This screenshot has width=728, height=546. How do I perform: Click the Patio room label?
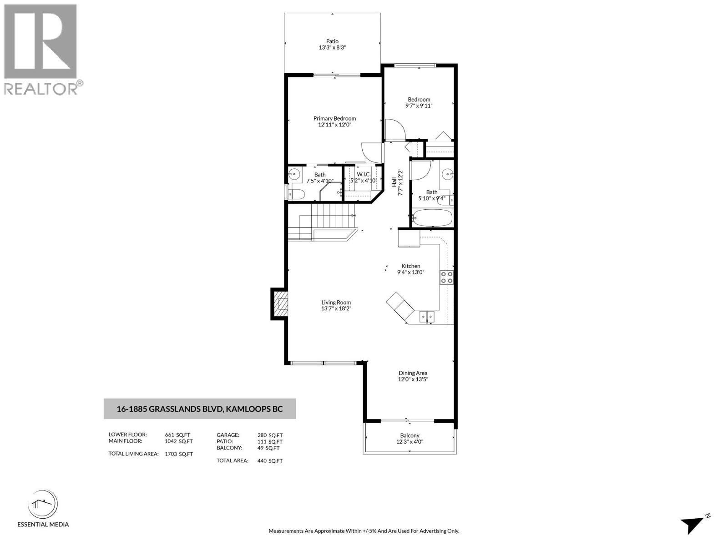pos(332,41)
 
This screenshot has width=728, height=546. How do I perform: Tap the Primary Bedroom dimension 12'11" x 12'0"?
pos(334,124)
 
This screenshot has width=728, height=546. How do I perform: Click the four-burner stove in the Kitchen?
pos(446,277)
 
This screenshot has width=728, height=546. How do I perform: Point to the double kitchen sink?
pos(427,316)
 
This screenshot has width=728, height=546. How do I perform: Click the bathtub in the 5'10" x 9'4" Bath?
pos(432,217)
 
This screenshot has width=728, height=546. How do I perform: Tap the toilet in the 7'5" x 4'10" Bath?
pos(296,194)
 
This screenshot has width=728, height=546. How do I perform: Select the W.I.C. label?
pos(364,174)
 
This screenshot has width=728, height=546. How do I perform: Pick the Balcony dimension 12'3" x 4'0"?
pos(410,442)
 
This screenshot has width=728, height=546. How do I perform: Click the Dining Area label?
pos(413,373)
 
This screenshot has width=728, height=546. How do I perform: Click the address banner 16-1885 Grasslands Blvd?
pos(200,409)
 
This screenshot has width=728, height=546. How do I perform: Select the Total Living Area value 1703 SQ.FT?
pos(179,454)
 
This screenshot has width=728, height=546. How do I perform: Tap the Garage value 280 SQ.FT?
pos(270,435)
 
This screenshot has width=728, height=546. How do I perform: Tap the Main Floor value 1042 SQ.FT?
pos(179,441)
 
